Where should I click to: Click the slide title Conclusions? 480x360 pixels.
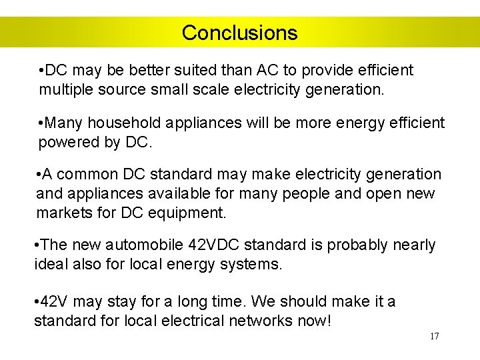239,33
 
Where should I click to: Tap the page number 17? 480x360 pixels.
434,336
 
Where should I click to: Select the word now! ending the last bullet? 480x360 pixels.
315,321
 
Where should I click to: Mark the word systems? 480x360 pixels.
253,265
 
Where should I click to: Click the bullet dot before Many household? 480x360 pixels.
42,123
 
